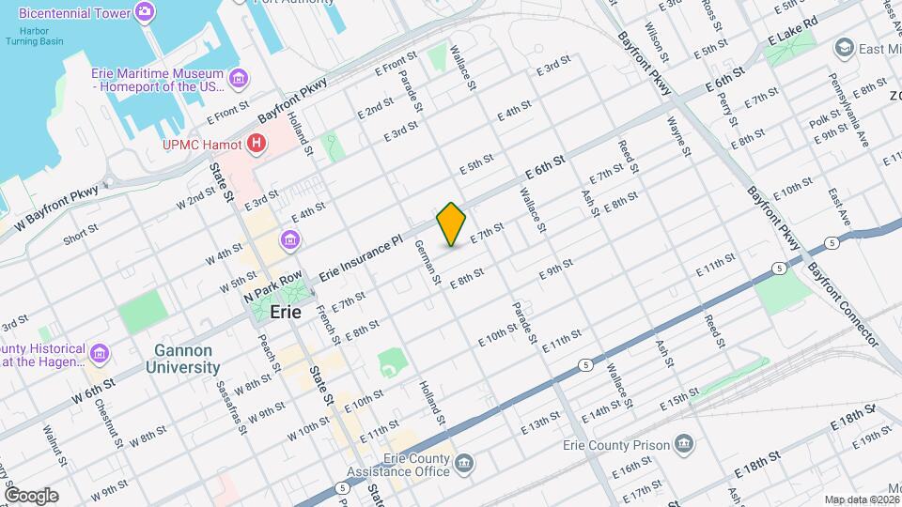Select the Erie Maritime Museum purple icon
point(239,76)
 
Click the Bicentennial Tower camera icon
point(145,11)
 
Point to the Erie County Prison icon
point(683,444)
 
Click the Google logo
point(31,496)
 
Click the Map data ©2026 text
point(861,499)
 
